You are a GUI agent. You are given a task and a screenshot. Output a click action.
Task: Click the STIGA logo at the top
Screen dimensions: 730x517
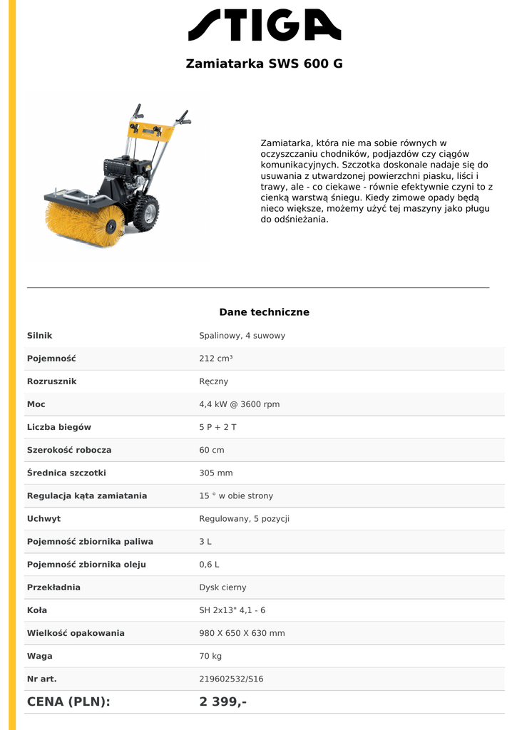click(265, 25)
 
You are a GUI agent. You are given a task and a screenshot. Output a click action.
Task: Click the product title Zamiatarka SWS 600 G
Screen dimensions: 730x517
click(264, 63)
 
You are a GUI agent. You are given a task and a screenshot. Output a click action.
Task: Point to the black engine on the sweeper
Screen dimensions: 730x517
click(127, 172)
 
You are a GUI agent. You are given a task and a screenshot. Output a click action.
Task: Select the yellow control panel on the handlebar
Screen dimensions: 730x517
click(152, 130)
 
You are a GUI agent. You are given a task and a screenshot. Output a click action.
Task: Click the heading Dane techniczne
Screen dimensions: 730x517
click(264, 312)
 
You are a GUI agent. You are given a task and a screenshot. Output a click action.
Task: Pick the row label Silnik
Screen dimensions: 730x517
click(40, 336)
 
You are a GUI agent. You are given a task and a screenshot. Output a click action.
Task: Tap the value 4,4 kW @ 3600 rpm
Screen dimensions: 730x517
click(239, 404)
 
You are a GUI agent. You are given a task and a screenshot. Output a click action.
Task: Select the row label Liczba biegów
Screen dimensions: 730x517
click(59, 427)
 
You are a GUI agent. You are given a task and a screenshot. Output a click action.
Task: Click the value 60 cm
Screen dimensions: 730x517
click(212, 450)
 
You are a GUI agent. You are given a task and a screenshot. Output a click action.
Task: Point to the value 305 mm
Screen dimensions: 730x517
click(216, 473)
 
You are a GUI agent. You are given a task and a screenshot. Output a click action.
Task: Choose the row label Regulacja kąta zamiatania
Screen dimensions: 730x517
click(87, 495)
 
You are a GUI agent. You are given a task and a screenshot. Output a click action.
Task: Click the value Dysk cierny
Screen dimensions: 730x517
click(222, 587)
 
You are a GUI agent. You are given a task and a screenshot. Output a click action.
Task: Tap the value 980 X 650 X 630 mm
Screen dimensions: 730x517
click(242, 633)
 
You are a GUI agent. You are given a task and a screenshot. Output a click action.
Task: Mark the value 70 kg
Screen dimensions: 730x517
click(210, 656)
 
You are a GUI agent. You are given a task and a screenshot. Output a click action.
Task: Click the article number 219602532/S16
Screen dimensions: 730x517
click(231, 679)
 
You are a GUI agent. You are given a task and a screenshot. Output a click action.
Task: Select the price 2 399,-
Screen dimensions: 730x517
click(223, 701)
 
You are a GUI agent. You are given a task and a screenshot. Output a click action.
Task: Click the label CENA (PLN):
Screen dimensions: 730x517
click(68, 701)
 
